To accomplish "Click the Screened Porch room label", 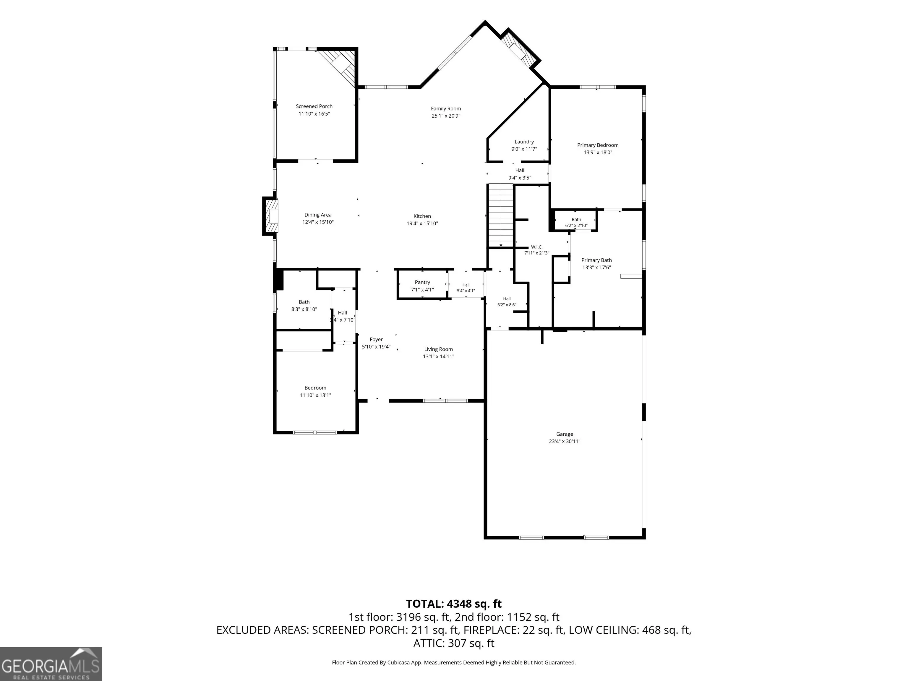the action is pos(314,106).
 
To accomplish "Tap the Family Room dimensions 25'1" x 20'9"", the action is pos(446,116).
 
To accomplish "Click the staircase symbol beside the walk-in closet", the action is pos(501,216).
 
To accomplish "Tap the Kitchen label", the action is pos(422,216).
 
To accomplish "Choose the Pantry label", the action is pos(422,282).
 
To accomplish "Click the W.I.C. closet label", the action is pos(536,247).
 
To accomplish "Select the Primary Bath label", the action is pos(596,260).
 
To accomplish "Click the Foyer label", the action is pos(376,340).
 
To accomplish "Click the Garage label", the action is pos(565,434).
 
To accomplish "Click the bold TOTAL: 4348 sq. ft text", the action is pos(454,604).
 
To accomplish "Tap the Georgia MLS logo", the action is pos(51,664).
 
